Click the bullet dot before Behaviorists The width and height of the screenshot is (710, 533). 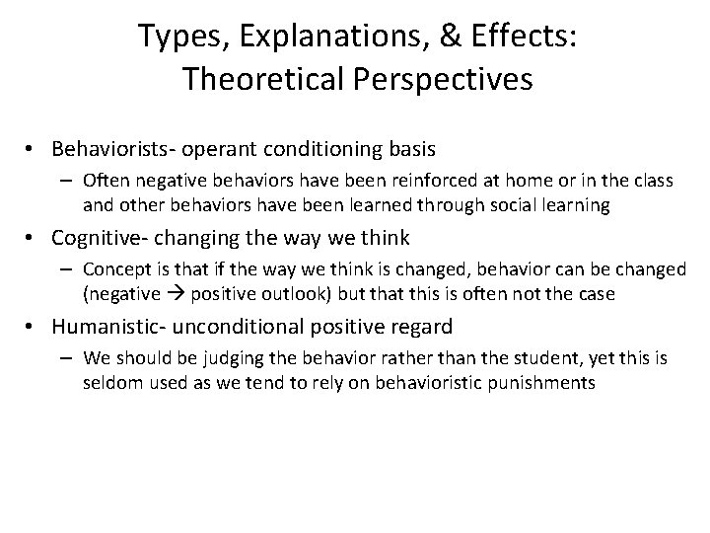[x=35, y=150]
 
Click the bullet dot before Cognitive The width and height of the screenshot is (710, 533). [x=35, y=238]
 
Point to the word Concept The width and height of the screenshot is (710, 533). [x=113, y=268]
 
